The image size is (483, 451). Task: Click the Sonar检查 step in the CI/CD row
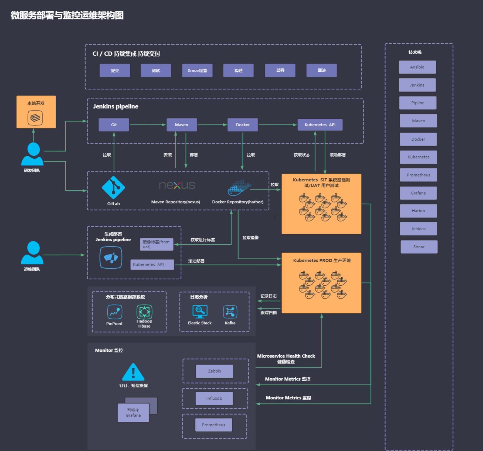(x=197, y=70)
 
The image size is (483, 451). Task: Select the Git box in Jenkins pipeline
(x=114, y=125)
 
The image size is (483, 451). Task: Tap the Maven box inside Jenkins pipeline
(x=182, y=125)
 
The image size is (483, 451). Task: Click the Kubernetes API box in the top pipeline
(x=320, y=125)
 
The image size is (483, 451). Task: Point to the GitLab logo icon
(x=113, y=187)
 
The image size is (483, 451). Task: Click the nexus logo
(x=177, y=185)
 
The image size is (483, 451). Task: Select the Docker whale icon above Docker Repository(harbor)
(x=239, y=188)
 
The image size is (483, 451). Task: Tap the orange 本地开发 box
(x=36, y=112)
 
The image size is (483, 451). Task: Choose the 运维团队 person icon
(x=32, y=253)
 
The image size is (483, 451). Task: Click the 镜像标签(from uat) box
(x=157, y=244)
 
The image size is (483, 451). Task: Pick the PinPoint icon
(x=115, y=312)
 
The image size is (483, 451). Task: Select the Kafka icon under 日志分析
(x=230, y=312)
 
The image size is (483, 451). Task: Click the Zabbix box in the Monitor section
(x=214, y=371)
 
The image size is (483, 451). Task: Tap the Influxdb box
(x=214, y=398)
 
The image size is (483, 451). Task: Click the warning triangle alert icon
(x=133, y=372)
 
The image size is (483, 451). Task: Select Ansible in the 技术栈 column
(x=417, y=67)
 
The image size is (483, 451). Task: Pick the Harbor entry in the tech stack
(x=418, y=211)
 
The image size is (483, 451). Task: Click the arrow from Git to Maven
(x=148, y=125)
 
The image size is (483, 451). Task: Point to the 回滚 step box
(x=322, y=70)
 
